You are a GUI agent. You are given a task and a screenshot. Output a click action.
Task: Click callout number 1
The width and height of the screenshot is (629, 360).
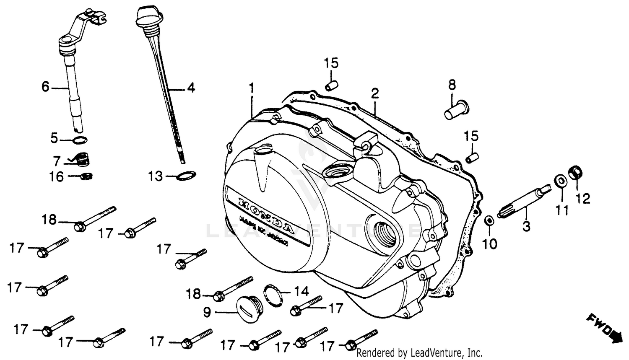click(x=252, y=88)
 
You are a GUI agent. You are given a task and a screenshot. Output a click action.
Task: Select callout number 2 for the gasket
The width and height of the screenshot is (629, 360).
click(x=374, y=93)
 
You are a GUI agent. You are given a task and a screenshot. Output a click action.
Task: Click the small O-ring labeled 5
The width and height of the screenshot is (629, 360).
click(x=81, y=140)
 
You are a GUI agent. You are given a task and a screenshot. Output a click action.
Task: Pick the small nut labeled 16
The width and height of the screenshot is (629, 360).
click(x=86, y=176)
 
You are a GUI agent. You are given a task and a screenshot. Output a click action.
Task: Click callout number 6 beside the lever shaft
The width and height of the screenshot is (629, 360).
click(x=45, y=87)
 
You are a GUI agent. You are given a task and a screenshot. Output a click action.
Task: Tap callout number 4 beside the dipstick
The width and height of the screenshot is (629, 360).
click(x=191, y=88)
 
